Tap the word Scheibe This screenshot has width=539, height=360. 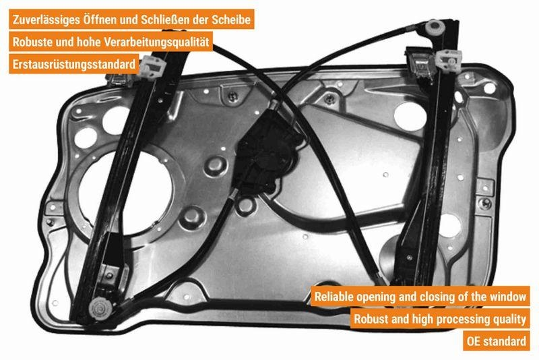(x=231, y=20)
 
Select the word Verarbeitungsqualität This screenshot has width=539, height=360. (x=158, y=42)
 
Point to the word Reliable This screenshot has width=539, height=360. (x=336, y=297)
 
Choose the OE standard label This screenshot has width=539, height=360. (x=496, y=341)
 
